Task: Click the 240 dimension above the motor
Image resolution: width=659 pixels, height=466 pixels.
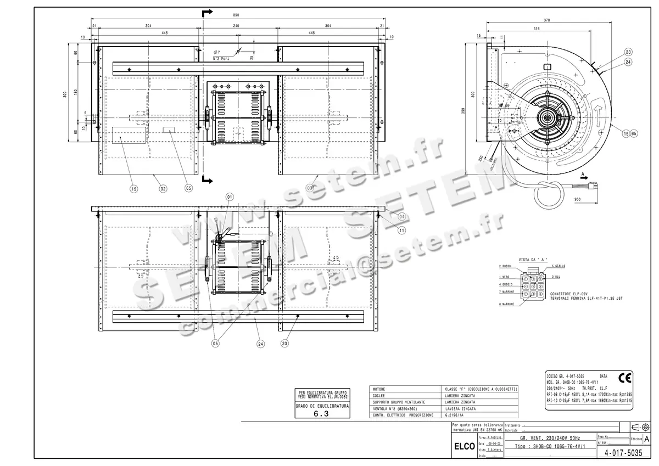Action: click(x=236, y=26)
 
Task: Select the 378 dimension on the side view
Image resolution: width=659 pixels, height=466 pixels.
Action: click(x=546, y=20)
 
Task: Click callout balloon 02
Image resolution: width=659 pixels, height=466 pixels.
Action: click(x=163, y=188)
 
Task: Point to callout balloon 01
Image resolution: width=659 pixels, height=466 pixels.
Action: click(x=230, y=196)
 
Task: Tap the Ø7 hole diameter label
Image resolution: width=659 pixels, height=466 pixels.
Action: click(x=217, y=52)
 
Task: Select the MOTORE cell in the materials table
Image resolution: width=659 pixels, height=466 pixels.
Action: click(x=379, y=389)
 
